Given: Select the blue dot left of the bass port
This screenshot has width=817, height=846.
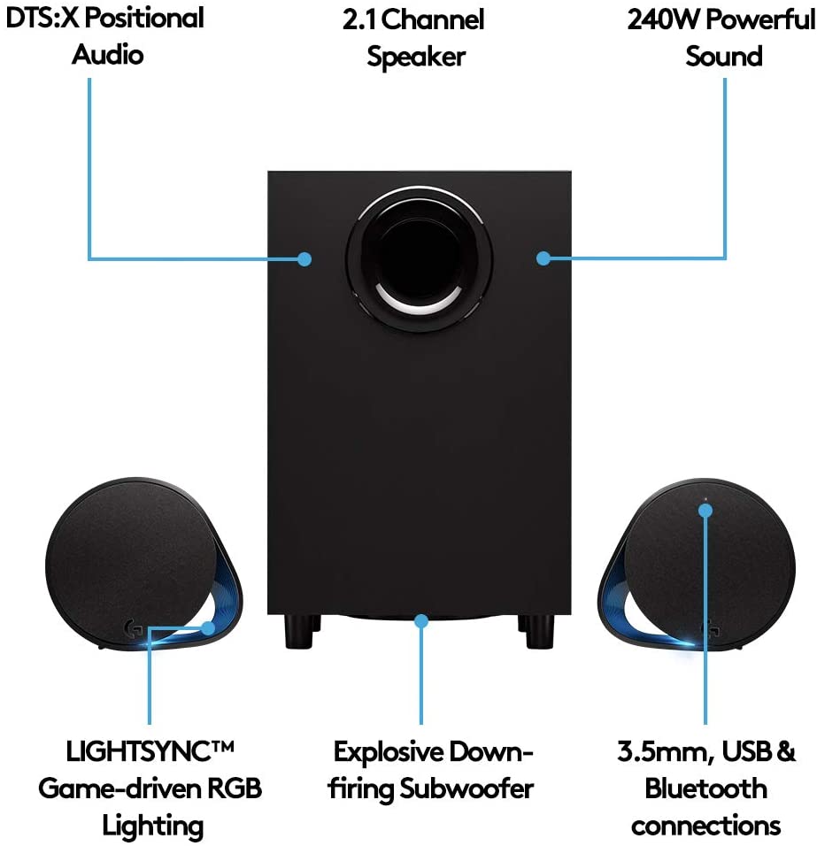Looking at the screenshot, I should pyautogui.click(x=304, y=259).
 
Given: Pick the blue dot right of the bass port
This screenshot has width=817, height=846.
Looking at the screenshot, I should pyautogui.click(x=543, y=258).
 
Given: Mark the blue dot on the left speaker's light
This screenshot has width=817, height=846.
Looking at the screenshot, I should pyautogui.click(x=209, y=629).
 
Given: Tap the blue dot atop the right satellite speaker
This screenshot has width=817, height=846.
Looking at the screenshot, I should pyautogui.click(x=705, y=511).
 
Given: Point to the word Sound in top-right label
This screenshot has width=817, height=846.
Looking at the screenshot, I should pyautogui.click(x=723, y=57).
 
